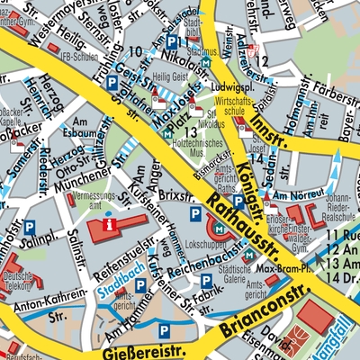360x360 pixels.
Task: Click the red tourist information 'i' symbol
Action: coord(110,223)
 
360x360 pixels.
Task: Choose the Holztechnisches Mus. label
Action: coord(191,138)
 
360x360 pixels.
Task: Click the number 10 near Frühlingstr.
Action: coord(135,51)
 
